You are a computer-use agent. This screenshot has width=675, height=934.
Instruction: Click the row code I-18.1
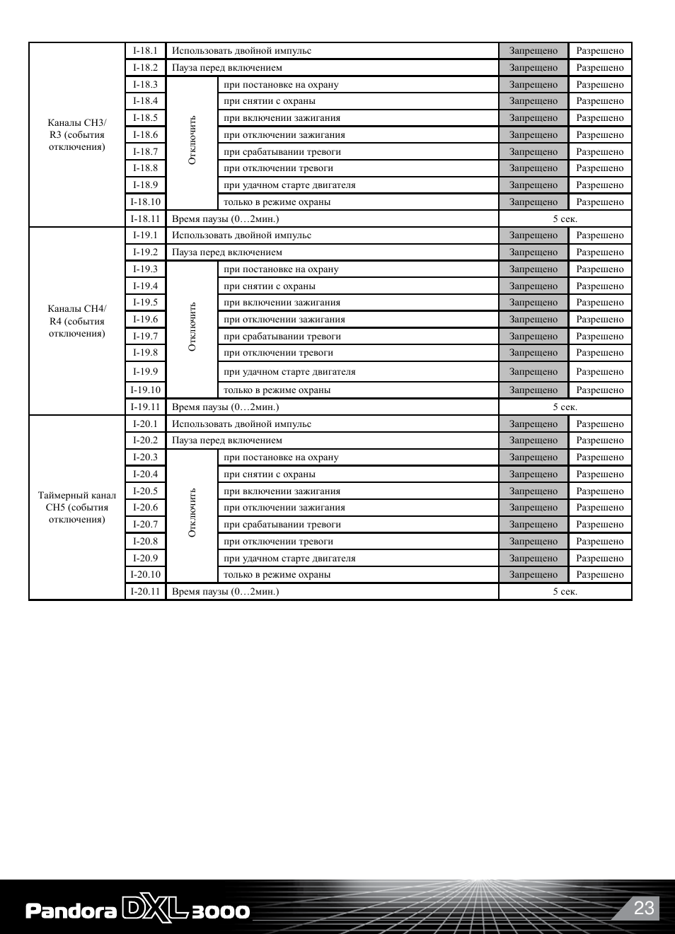(145, 51)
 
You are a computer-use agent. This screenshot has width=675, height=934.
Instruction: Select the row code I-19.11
(145, 407)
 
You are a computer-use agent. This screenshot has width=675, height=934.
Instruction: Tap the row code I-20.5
(145, 491)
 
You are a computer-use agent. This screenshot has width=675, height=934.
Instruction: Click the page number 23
(644, 908)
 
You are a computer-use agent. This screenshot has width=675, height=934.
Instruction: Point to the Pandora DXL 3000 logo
(138, 910)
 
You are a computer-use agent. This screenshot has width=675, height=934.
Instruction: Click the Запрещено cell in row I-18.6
(533, 135)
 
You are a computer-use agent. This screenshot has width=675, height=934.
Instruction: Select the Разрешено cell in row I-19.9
(600, 372)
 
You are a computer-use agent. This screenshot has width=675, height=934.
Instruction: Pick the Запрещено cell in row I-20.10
(533, 575)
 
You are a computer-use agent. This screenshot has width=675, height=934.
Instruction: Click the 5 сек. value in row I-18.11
(565, 219)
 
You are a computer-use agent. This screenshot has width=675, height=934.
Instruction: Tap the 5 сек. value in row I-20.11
(565, 592)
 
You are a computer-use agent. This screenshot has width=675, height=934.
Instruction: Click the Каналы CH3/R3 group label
(77, 134)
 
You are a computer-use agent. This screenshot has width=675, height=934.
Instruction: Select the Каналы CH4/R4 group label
(77, 321)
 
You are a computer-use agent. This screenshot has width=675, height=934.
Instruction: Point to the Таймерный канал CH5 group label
(77, 507)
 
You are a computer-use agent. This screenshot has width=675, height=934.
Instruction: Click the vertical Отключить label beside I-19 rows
(192, 327)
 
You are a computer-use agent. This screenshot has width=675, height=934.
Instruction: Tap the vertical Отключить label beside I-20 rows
(192, 513)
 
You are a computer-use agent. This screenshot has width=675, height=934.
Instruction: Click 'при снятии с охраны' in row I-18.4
(270, 101)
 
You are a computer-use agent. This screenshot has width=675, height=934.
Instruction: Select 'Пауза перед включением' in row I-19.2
(227, 252)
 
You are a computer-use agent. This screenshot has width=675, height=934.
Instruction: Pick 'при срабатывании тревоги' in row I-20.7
(282, 525)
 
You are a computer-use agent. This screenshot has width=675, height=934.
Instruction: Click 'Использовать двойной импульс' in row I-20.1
(241, 424)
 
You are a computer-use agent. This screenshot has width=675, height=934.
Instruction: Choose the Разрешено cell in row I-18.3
(600, 85)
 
